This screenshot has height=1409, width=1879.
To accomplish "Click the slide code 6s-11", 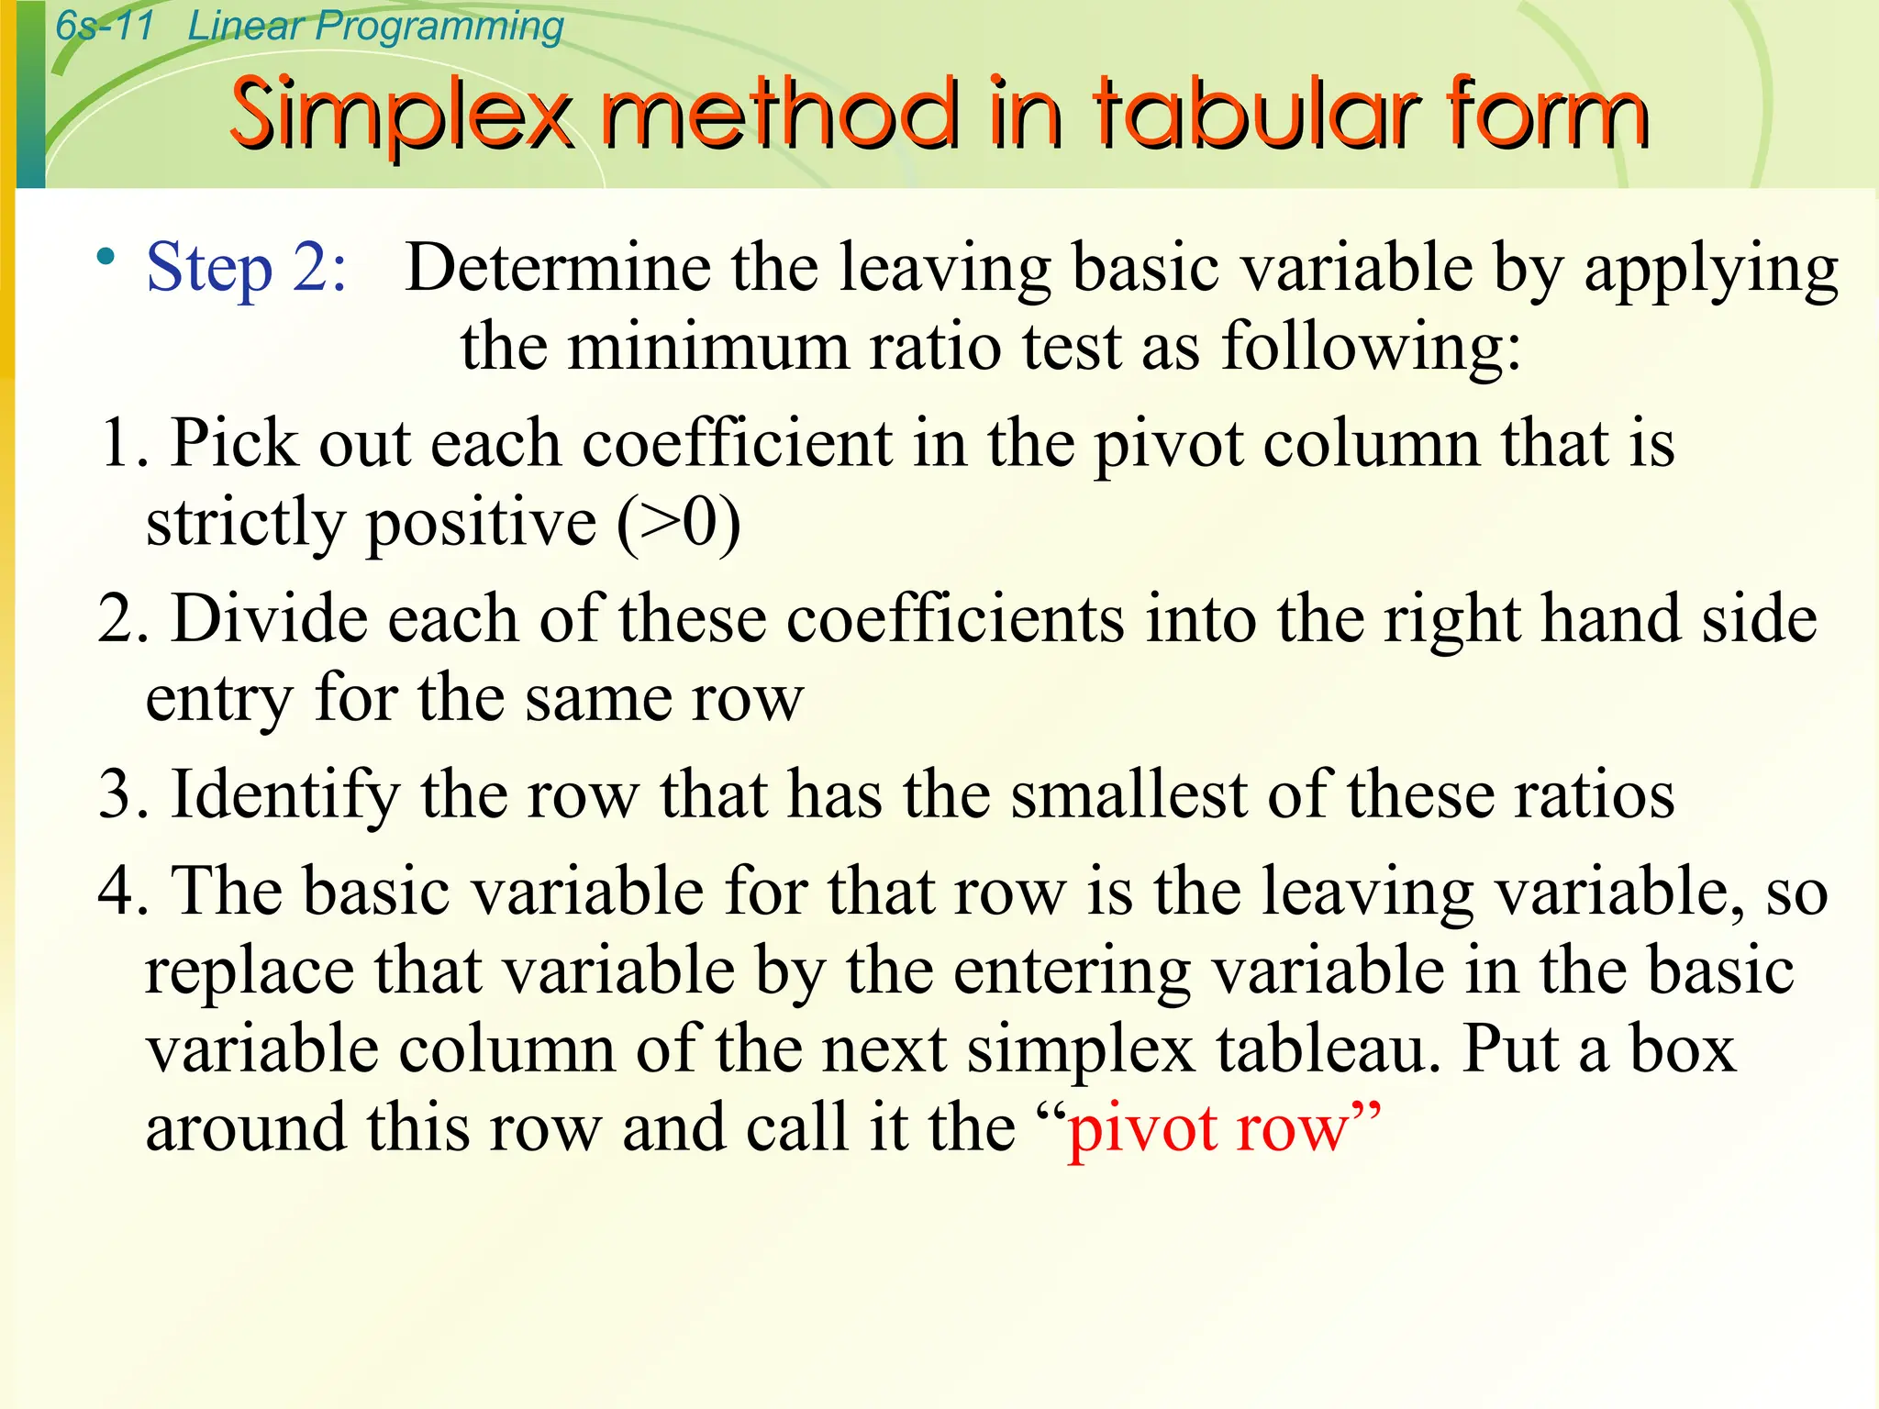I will pos(104,26).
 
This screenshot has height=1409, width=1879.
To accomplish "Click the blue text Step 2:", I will pos(247,268).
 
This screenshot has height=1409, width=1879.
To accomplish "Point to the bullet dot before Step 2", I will pos(107,256).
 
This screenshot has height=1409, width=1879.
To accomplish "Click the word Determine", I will pos(558,268).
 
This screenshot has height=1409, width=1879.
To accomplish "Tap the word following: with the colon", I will pos(1371,348).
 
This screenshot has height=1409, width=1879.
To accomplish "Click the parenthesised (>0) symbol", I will pos(678,523).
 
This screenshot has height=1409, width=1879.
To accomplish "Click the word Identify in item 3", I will pos(284,794).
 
